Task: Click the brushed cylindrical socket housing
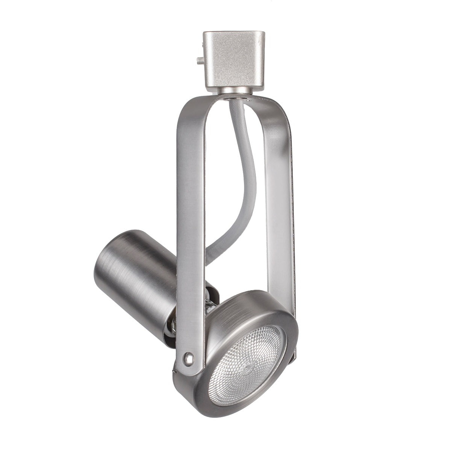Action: point(135,278)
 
